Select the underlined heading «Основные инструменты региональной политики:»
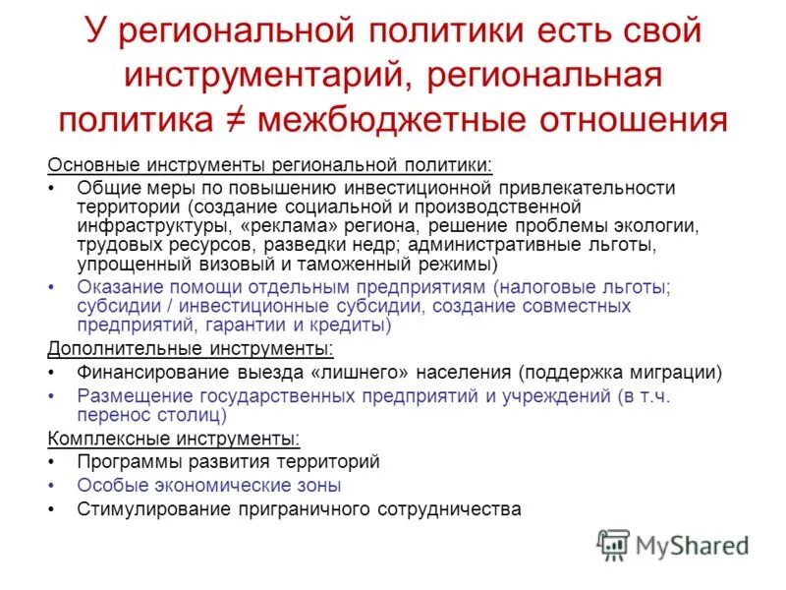point(270,164)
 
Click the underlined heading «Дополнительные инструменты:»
point(191,348)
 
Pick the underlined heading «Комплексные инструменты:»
point(174,438)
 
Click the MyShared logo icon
point(614,544)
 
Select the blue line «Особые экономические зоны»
point(209,485)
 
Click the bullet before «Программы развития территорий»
point(52,461)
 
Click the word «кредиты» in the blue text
point(352,325)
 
